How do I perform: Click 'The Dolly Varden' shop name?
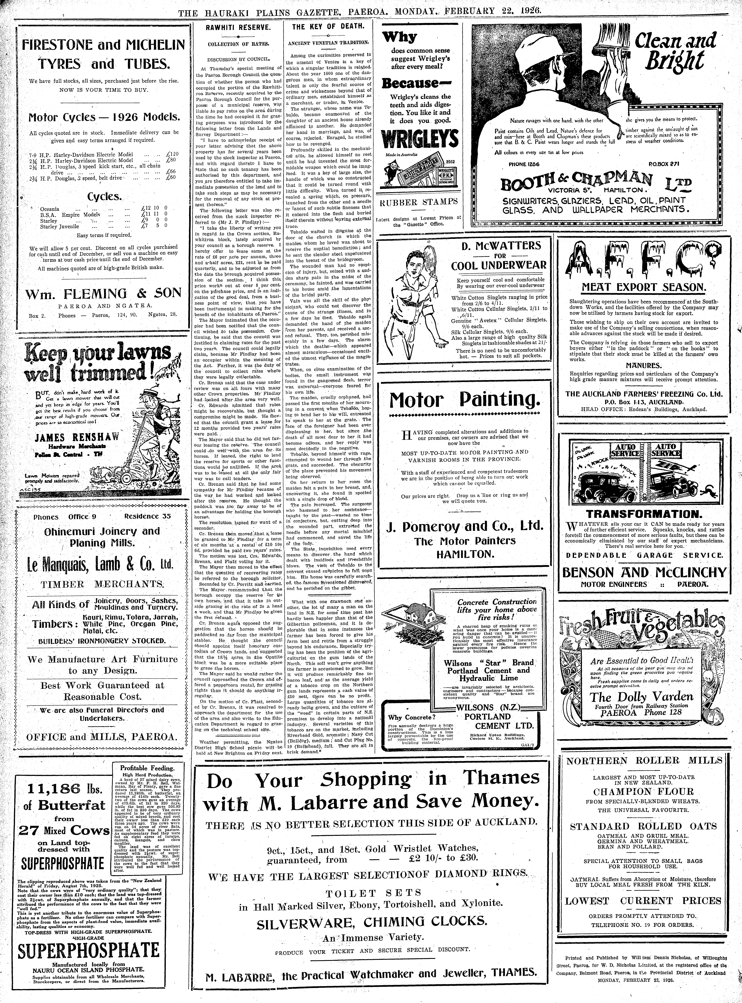click(641, 697)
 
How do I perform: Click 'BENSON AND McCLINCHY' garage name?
click(643, 572)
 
